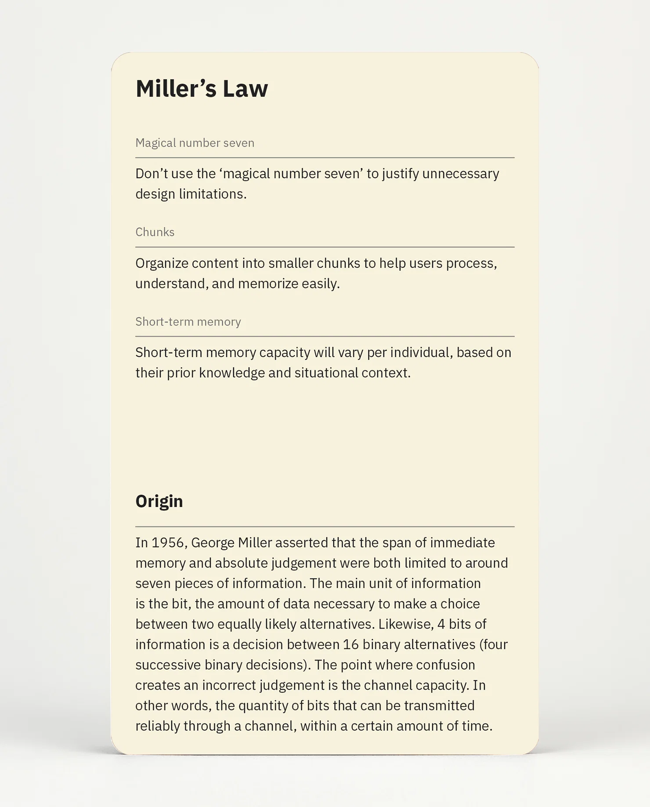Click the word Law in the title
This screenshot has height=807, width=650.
tap(245, 88)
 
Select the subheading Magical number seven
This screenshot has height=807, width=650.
tap(195, 143)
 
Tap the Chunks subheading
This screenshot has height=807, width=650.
tap(155, 232)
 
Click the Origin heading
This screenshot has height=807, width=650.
tap(159, 501)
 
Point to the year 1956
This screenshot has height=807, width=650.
tap(168, 543)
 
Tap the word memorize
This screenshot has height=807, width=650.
tap(268, 284)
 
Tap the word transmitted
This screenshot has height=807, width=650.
tap(439, 705)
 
